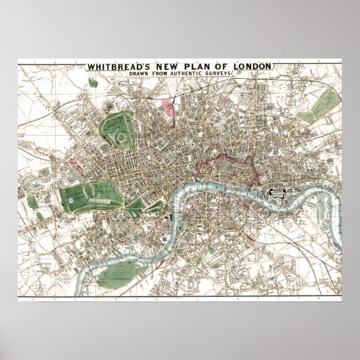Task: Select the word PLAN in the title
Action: pyautogui.click(x=184, y=67)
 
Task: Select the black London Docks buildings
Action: pyautogui.click(x=277, y=192)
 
